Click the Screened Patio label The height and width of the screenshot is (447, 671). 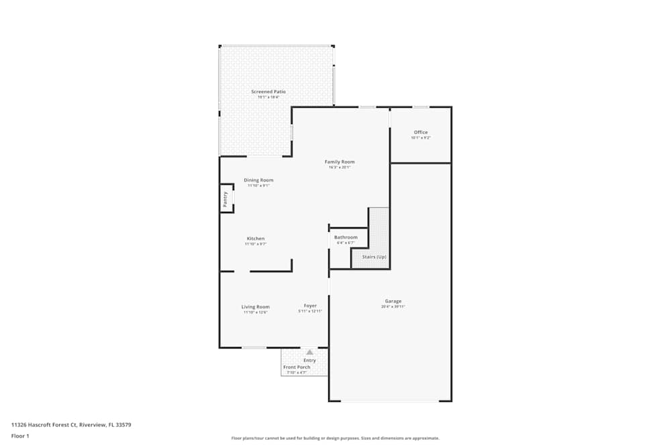click(268, 92)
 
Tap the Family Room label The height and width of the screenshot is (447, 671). click(340, 162)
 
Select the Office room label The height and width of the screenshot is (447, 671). click(421, 132)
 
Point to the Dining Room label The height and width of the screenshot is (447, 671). click(258, 180)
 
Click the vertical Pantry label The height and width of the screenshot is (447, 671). click(225, 198)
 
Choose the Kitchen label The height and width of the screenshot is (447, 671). click(256, 239)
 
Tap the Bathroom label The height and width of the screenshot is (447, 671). click(346, 237)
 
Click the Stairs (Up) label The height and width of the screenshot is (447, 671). click(374, 257)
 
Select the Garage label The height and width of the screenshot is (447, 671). click(393, 301)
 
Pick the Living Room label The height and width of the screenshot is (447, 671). click(256, 307)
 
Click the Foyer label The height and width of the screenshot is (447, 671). click(310, 306)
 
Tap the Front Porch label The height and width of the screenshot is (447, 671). click(297, 367)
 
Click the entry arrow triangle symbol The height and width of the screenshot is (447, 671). click(309, 352)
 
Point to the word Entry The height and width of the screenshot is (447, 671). click(309, 361)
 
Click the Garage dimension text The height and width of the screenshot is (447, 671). click(393, 307)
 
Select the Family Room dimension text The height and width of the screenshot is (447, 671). click(340, 168)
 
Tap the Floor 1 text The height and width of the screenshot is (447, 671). click(20, 436)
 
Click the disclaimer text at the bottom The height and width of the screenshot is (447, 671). click(335, 438)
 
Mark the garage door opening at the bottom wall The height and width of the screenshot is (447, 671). click(390, 401)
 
